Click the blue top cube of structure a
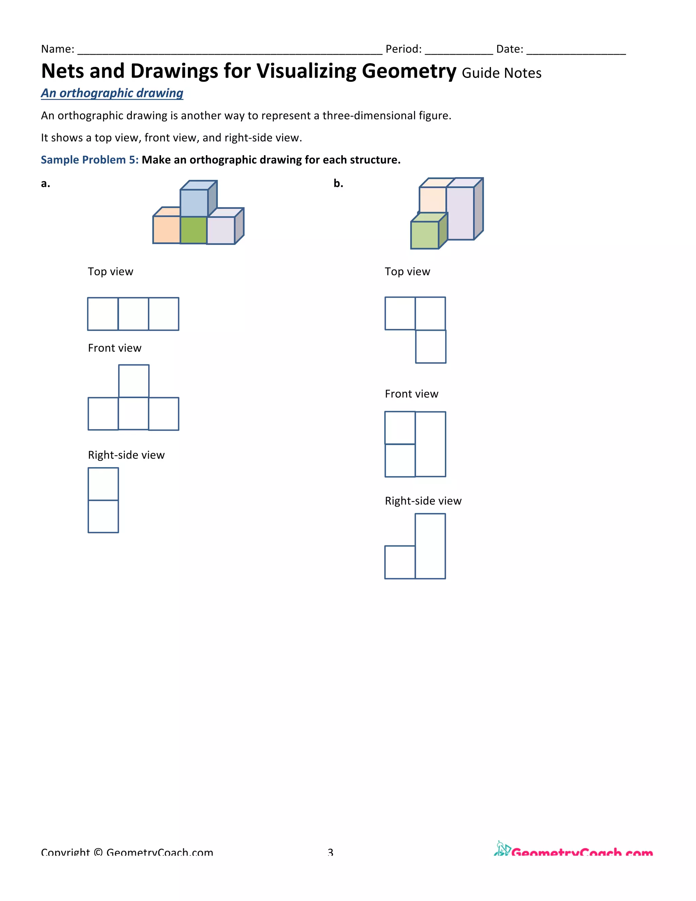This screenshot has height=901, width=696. point(194,203)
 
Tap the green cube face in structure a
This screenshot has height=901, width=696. point(193,230)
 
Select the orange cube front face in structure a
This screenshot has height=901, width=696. point(166,230)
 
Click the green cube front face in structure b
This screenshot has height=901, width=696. point(424,235)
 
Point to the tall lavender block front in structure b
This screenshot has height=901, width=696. point(460,213)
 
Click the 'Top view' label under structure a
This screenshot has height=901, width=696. point(110,271)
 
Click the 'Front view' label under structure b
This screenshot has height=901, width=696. point(411,394)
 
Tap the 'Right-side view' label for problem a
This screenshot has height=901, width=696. point(126,455)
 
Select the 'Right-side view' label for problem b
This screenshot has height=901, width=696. point(423,501)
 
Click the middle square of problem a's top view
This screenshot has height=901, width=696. point(133,314)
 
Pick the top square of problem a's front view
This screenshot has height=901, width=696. point(134,381)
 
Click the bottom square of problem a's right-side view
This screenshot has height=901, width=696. point(103,516)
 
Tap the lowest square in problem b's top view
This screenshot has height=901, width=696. point(431,346)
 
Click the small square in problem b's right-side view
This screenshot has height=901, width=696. point(400,562)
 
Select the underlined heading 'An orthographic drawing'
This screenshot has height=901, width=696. point(112,93)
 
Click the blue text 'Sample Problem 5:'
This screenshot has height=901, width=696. point(89,160)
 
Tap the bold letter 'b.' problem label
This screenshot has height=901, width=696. point(338,183)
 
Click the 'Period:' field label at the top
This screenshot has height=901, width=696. point(403,49)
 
